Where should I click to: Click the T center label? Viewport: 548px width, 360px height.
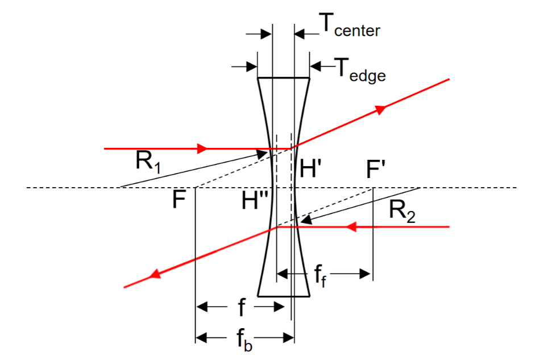tap(350, 25)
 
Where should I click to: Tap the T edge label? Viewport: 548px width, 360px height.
tap(360, 71)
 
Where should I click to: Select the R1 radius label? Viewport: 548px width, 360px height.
tap(148, 162)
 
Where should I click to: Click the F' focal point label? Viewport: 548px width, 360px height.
tap(376, 169)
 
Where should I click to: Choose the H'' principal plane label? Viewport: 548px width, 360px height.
tap(255, 200)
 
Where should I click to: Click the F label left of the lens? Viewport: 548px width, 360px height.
tap(179, 200)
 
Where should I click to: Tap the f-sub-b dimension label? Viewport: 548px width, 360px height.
tap(244, 340)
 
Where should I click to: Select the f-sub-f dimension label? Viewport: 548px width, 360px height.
tap(320, 276)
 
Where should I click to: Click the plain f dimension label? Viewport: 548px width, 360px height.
tap(241, 307)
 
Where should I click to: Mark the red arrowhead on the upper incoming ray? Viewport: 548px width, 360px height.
tap(202, 148)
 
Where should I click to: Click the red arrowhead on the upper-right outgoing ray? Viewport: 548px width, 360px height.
tap(381, 109)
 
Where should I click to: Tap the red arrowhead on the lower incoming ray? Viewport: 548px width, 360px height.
tap(351, 227)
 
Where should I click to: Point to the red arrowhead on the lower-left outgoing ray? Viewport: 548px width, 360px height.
tap(155, 274)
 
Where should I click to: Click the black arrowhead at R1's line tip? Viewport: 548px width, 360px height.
tap(261, 155)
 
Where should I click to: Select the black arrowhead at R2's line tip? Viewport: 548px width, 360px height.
tap(306, 220)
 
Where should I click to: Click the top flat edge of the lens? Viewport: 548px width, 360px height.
tap(284, 78)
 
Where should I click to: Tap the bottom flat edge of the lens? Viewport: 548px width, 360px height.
tap(284, 296)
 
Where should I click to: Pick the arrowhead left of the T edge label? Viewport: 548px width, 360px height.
tap(316, 66)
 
